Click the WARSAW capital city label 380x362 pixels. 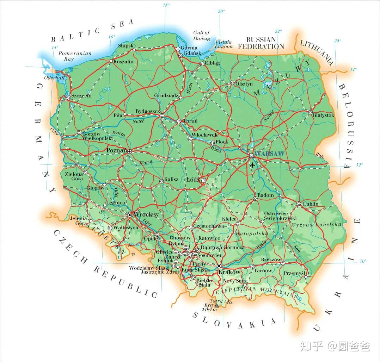(269, 154)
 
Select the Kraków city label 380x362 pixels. (229, 272)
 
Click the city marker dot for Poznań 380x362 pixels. (129, 151)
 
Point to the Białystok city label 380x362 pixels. (323, 115)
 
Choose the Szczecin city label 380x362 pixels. (81, 95)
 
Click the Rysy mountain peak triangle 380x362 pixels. (216, 305)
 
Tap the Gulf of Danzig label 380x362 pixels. (201, 36)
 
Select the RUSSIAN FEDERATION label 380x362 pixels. (261, 43)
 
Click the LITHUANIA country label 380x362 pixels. (316, 52)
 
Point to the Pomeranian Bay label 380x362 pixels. (75, 56)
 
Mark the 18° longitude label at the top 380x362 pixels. (166, 5)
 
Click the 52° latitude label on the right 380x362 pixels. (359, 165)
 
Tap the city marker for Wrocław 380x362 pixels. (129, 215)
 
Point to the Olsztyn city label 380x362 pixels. (244, 84)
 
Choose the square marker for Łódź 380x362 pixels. (203, 180)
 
